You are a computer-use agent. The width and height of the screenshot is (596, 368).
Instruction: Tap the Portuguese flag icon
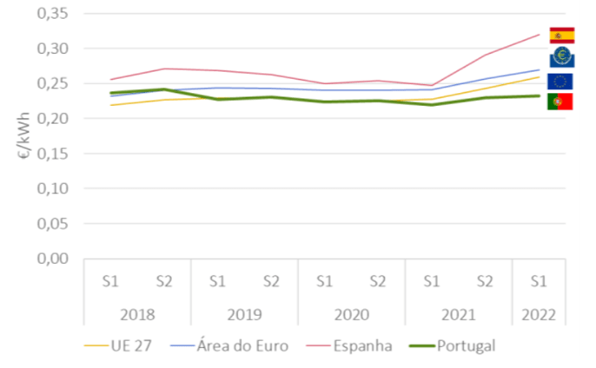click(x=560, y=102)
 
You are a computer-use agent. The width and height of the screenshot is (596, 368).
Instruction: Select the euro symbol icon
click(x=561, y=58)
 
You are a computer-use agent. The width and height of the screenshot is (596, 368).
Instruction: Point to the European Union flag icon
click(x=560, y=82)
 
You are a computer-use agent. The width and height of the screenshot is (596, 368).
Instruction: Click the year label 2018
click(x=137, y=314)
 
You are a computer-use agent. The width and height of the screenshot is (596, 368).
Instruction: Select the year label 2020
click(x=351, y=314)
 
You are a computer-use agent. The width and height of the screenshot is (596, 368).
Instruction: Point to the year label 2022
click(x=538, y=314)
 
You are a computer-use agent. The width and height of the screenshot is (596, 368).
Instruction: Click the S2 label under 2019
click(x=270, y=281)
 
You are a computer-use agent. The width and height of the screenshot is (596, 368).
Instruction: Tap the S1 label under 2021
click(x=431, y=281)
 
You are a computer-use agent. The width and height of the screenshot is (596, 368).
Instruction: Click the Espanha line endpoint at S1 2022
click(x=539, y=35)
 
